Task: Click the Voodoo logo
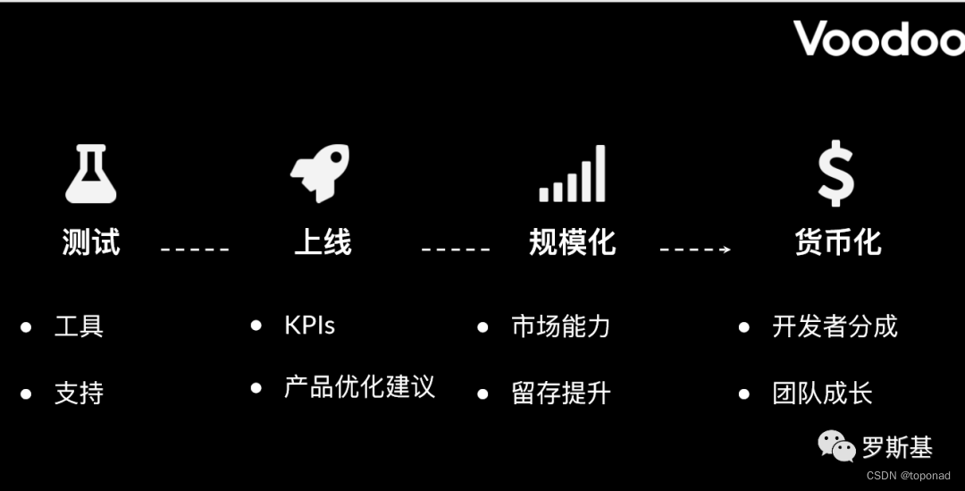tap(878, 38)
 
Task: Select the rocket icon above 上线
tap(320, 173)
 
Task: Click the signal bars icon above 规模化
tap(572, 174)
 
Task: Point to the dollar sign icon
tap(836, 174)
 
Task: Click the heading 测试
tap(91, 242)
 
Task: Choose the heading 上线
tap(323, 242)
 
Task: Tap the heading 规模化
tap(572, 242)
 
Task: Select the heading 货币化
tap(837, 242)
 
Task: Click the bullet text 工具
tap(79, 326)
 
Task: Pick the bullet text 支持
tap(79, 393)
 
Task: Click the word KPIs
tap(309, 326)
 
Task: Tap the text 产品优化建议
tap(359, 387)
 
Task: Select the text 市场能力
tap(560, 326)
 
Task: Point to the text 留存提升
tap(560, 394)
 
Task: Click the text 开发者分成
tap(834, 326)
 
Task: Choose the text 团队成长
tap(821, 394)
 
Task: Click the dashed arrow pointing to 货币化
tap(695, 250)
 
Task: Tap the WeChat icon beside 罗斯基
tap(837, 445)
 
